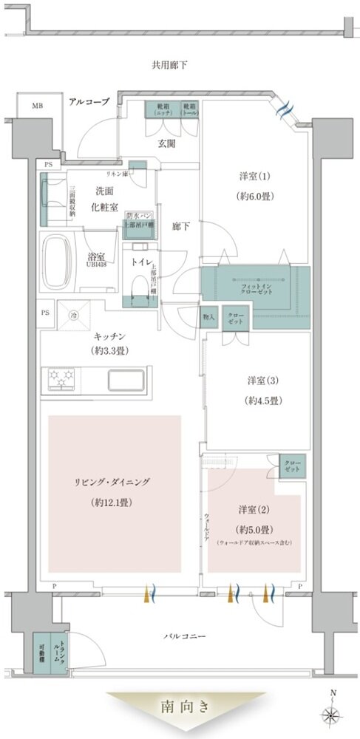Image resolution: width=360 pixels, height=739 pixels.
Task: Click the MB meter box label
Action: pyautogui.click(x=36, y=106)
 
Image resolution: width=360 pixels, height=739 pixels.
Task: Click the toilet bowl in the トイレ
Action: pyautogui.click(x=139, y=284)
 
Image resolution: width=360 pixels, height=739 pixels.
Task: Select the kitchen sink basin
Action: pyautogui.click(x=130, y=380)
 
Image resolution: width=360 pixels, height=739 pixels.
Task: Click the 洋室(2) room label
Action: pyautogui.click(x=253, y=510)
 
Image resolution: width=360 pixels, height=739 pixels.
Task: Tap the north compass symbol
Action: pyautogui.click(x=334, y=714)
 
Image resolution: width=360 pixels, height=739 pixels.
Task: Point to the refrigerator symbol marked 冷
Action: pyautogui.click(x=73, y=315)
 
